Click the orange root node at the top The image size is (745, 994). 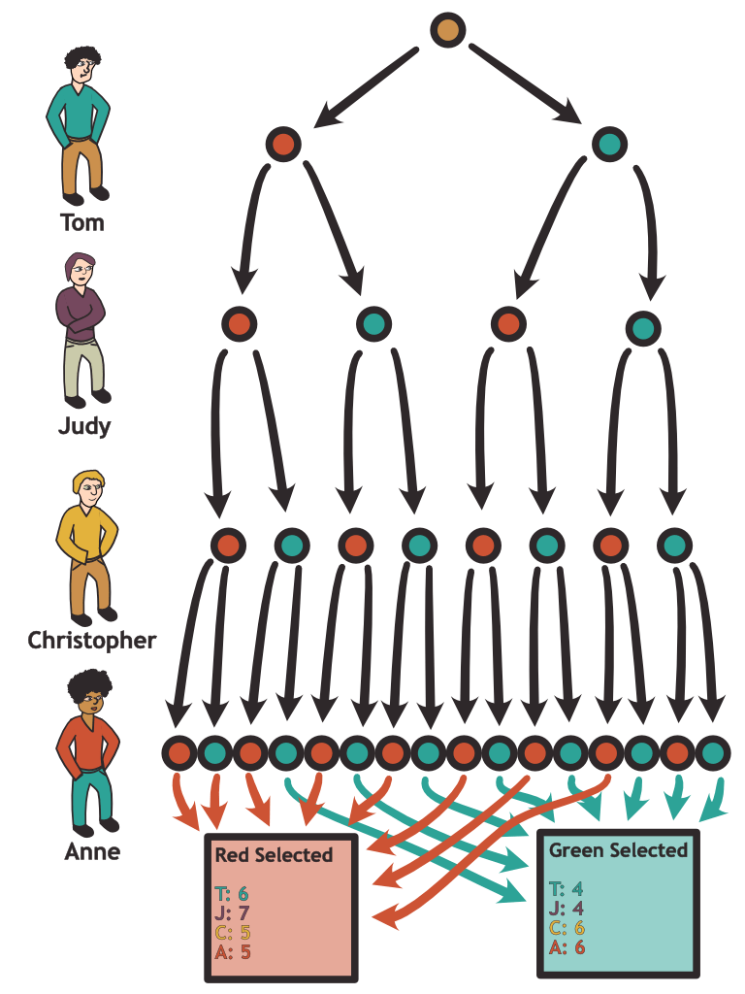(x=447, y=30)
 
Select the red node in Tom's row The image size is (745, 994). (x=283, y=145)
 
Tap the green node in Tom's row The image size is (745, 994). (x=609, y=145)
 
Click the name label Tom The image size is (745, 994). (x=81, y=223)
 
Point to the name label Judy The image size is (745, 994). (x=82, y=425)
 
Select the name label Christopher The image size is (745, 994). (x=91, y=641)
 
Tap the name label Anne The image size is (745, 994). (x=91, y=852)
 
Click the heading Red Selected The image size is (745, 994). (x=274, y=855)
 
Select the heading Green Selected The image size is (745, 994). (x=618, y=850)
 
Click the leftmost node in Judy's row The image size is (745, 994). (x=240, y=322)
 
